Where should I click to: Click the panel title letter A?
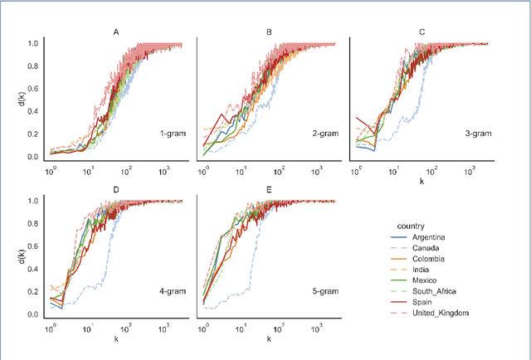coord(115,32)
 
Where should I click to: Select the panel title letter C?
coord(421,32)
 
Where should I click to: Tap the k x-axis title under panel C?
coord(421,180)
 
